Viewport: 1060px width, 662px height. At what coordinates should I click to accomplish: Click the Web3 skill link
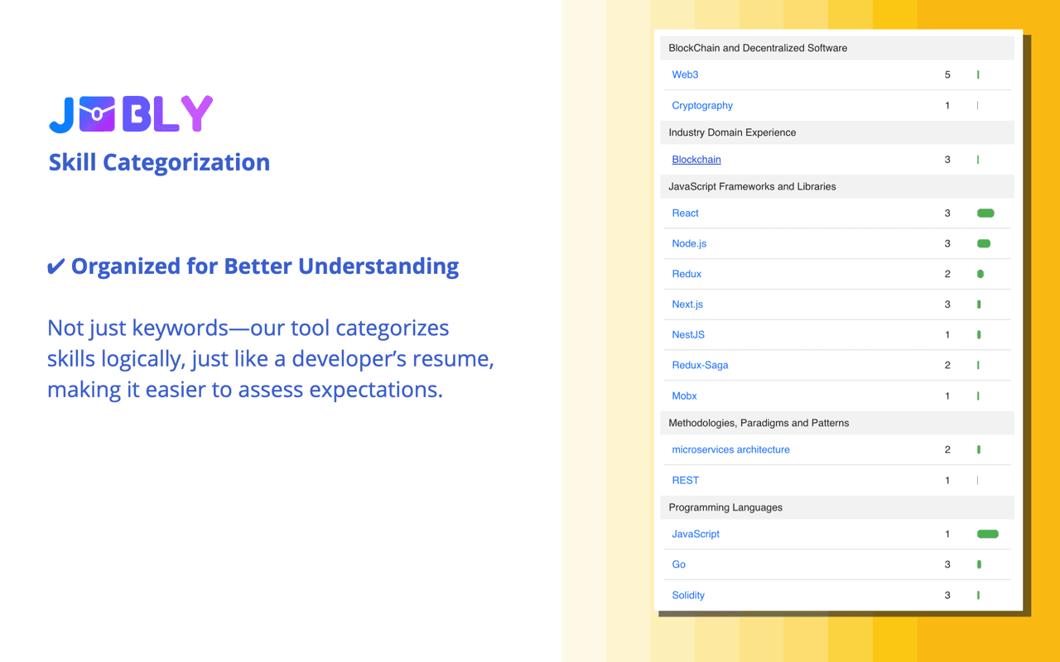(685, 74)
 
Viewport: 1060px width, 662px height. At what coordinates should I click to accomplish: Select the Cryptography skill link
(702, 105)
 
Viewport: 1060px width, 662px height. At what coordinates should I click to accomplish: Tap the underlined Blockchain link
(696, 160)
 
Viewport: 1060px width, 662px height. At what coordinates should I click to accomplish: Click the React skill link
(685, 213)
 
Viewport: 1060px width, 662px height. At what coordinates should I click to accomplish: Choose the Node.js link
(689, 243)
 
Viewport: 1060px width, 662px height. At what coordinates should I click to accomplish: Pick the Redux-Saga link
(700, 365)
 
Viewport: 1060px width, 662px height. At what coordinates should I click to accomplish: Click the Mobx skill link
(684, 396)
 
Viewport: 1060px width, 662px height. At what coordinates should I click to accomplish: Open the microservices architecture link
(730, 449)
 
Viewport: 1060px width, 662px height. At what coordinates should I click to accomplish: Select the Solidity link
(688, 595)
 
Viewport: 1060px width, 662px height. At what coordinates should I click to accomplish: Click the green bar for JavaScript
(987, 534)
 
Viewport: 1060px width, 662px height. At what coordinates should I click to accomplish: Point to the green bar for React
(985, 213)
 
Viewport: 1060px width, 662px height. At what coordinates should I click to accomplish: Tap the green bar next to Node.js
(984, 243)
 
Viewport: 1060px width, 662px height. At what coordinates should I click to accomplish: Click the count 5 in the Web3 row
(947, 74)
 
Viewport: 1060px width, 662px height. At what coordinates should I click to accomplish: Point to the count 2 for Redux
(947, 274)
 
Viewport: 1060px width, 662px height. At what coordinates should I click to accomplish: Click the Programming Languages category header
(725, 507)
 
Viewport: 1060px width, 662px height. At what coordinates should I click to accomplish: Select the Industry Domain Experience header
(732, 132)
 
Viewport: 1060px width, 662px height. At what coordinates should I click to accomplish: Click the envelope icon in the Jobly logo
(99, 114)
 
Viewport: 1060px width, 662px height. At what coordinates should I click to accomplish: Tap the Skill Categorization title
(159, 162)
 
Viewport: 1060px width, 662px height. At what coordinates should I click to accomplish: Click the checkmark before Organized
(55, 266)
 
